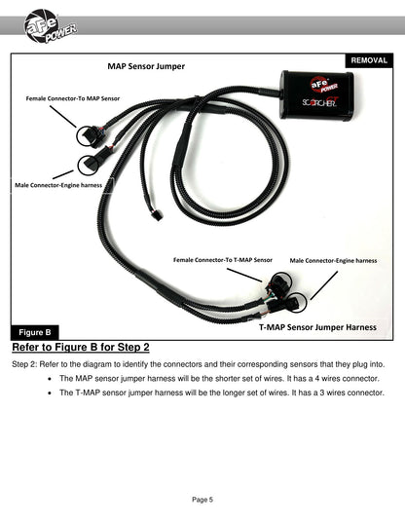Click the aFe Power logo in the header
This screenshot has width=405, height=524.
click(50, 26)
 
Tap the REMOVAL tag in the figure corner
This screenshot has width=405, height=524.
click(369, 60)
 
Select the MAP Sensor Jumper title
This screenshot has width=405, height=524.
click(146, 66)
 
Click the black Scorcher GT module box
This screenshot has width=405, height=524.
click(317, 94)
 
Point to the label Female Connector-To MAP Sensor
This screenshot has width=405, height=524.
click(73, 98)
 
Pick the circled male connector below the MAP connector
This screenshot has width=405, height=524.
click(89, 165)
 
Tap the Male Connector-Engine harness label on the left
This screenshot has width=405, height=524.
click(58, 185)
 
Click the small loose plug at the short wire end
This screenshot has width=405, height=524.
click(157, 214)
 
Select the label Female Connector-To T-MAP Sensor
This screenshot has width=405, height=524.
click(223, 260)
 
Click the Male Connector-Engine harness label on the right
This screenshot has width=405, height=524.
click(333, 261)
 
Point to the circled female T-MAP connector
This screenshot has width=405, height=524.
click(281, 282)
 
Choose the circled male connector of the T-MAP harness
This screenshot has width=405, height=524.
click(296, 302)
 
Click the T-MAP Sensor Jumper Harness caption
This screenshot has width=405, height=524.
click(317, 327)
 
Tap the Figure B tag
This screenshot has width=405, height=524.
click(35, 332)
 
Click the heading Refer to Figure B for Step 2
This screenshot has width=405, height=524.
click(81, 347)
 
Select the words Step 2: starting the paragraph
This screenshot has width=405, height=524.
click(24, 364)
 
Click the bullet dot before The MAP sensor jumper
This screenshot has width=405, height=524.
click(50, 379)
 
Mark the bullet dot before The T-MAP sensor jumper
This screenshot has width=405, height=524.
click(50, 393)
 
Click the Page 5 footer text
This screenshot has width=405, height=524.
click(202, 500)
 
